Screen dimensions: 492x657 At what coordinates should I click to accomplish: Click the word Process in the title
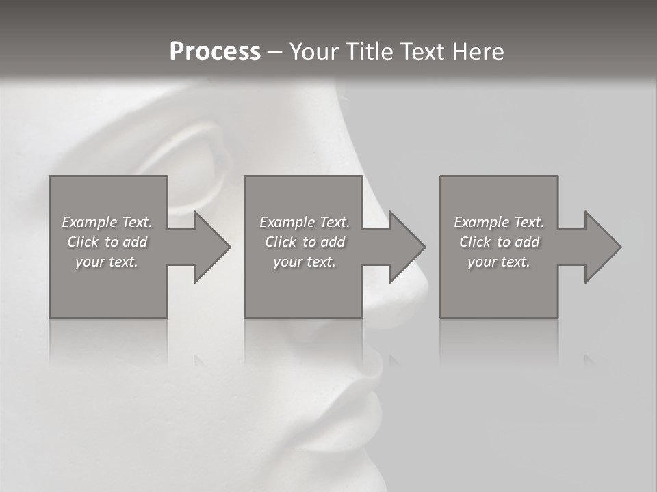(215, 52)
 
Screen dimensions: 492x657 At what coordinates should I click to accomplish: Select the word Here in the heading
(477, 52)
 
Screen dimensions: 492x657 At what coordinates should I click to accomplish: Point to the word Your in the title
(313, 52)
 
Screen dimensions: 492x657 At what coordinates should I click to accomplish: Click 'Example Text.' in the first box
(107, 222)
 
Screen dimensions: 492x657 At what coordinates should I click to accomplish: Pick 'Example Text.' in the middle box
(305, 222)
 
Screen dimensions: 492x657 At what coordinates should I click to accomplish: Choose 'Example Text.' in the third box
(499, 222)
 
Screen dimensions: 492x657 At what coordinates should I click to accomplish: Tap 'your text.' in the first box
(107, 262)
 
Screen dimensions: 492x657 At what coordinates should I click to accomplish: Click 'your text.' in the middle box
(305, 262)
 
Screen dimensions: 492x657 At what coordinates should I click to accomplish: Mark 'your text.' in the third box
(499, 262)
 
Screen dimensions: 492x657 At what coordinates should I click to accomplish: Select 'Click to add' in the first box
(107, 242)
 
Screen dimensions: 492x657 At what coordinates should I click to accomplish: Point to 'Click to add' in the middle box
(305, 242)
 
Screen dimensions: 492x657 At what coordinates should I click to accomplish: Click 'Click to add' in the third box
(499, 242)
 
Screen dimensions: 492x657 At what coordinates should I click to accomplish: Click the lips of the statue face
(363, 403)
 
